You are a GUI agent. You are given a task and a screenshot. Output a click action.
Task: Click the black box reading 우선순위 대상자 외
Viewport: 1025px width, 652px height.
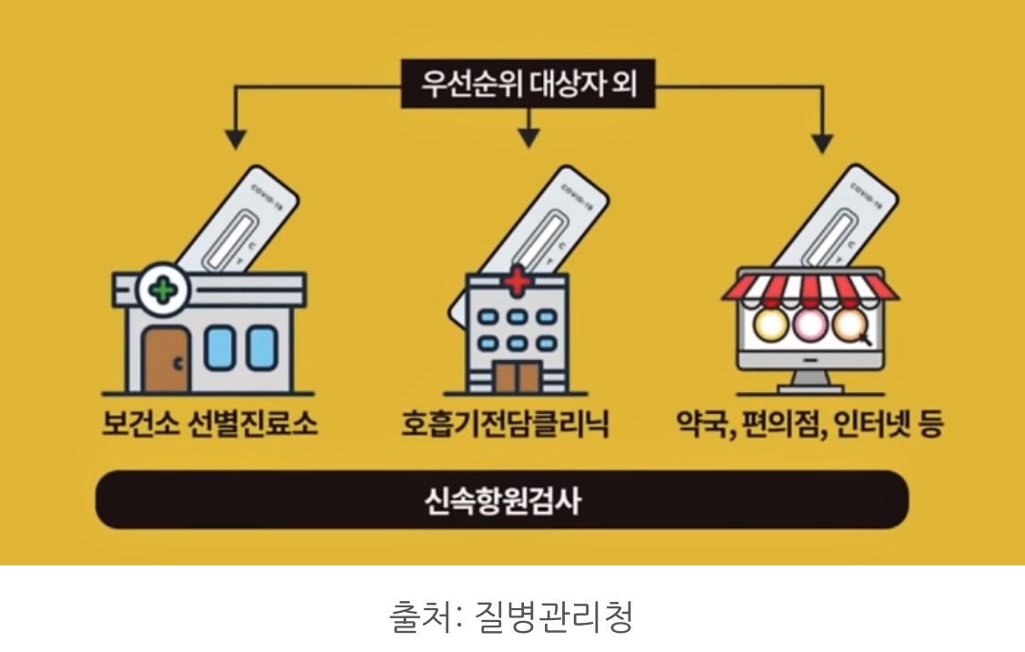tap(528, 87)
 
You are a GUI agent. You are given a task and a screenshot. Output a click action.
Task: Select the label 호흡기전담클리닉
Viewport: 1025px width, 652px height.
tap(505, 425)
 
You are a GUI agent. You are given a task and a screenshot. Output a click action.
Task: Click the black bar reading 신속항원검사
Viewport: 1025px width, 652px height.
tap(502, 500)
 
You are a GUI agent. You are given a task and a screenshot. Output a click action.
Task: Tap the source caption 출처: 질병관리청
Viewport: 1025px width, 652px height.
tap(511, 616)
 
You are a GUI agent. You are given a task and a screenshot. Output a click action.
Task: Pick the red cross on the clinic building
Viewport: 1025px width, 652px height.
tap(516, 282)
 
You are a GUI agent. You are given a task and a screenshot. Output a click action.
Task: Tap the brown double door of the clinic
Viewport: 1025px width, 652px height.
tap(516, 377)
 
